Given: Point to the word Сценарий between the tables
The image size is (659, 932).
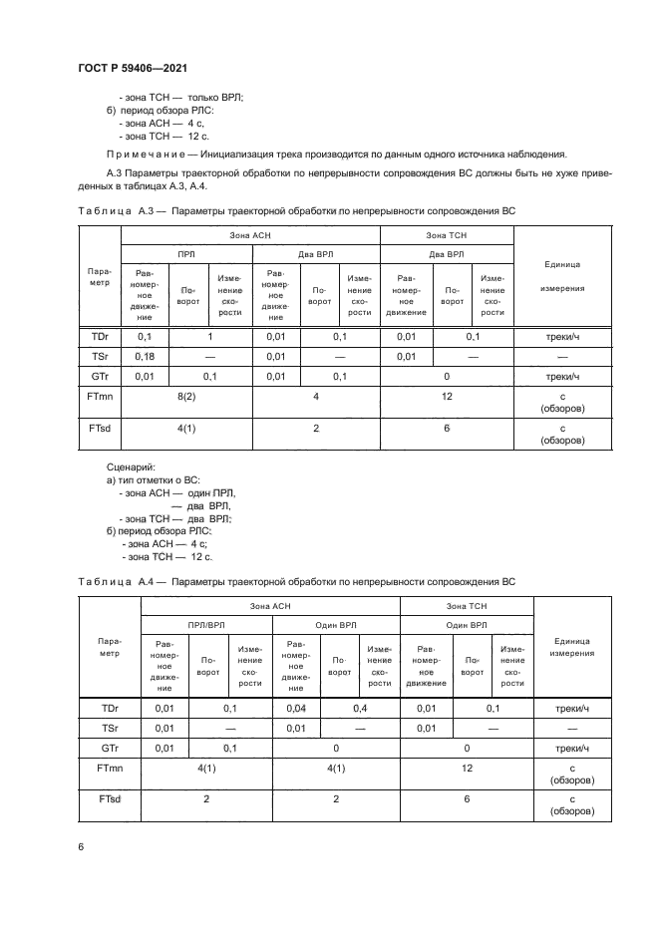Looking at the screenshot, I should coord(130,466).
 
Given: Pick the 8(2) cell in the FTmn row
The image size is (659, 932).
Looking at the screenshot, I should coord(185,397).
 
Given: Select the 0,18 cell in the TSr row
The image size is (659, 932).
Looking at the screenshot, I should coord(145,356).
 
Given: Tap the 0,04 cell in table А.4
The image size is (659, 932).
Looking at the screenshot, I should coord(296,708).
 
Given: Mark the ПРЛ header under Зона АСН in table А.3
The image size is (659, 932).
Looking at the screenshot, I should coord(186,254).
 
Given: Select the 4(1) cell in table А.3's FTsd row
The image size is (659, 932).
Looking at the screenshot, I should coord(185,430).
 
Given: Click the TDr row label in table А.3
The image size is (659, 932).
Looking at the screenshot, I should coord(100,337).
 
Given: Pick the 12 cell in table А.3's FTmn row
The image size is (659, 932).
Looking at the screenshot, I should coord(447,397).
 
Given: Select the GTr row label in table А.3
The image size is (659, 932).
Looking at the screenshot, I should coord(100,376).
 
